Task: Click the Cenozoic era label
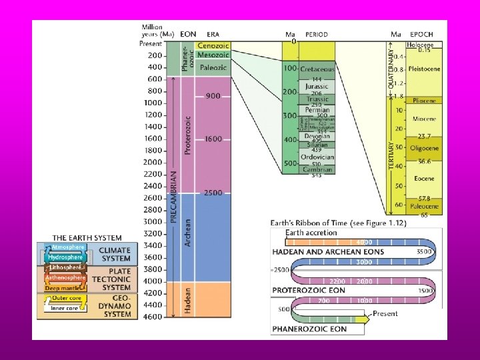213,45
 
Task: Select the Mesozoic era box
213,55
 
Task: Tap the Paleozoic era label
213,67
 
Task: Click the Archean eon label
187,233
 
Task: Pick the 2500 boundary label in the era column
213,193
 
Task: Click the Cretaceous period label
317,69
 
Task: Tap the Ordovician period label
317,157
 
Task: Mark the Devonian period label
317,136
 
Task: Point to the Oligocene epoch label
423,148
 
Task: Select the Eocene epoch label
423,179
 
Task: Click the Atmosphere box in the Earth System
67,247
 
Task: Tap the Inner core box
64,307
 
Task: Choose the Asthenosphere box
65,277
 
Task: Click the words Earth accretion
311,232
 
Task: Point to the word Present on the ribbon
385,313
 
